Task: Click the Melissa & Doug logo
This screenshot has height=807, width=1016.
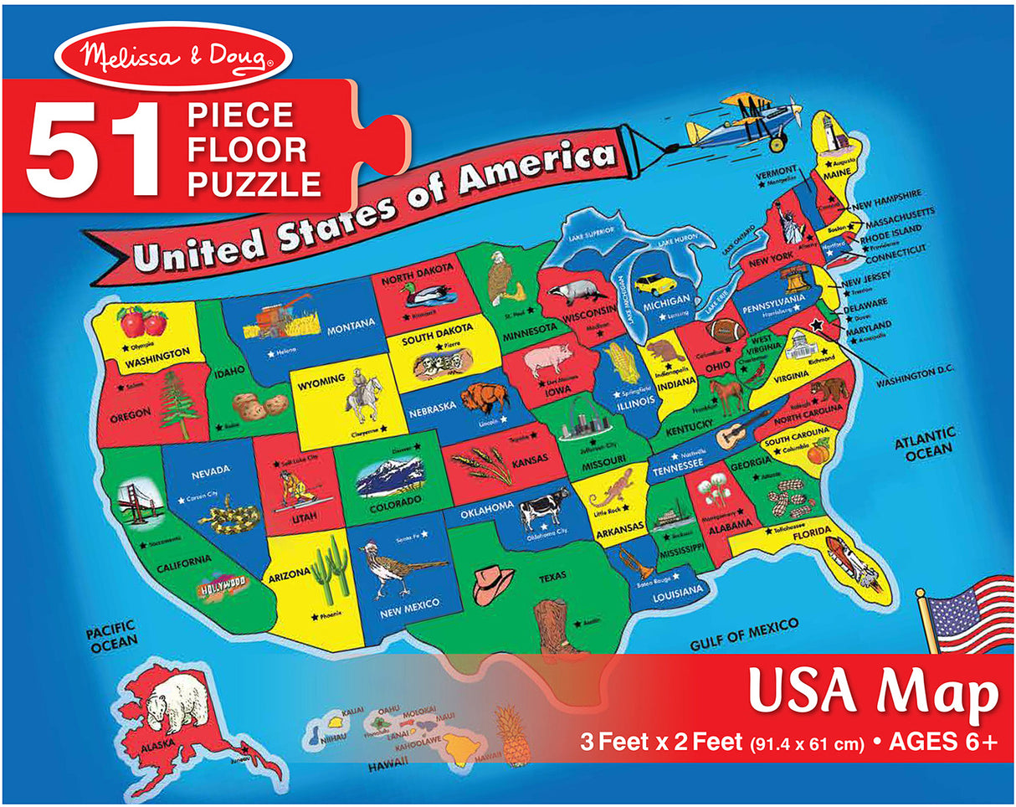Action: point(173,56)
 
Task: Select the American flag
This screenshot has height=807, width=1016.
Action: point(970,614)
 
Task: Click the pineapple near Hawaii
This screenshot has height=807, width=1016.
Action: point(512,734)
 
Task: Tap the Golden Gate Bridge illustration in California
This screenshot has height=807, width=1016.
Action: point(134,504)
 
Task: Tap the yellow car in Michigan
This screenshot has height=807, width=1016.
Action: point(655,285)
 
